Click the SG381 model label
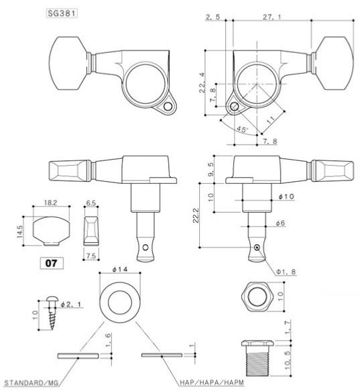pyautogui.click(x=62, y=13)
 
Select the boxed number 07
pyautogui.click(x=52, y=263)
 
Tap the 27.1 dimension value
pyautogui.click(x=272, y=17)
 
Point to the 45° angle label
pyautogui.click(x=242, y=129)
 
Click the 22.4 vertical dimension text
pyautogui.click(x=202, y=82)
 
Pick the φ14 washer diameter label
pyautogui.click(x=120, y=269)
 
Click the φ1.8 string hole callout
pyautogui.click(x=286, y=272)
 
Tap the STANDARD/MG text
pyautogui.click(x=32, y=383)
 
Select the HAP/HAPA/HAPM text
pyautogui.click(x=212, y=382)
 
